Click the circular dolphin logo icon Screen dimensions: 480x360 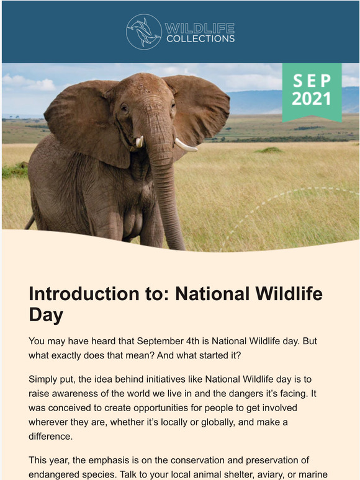(x=144, y=32)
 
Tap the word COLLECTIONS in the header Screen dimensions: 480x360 (x=200, y=38)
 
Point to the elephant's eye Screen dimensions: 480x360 (x=124, y=107)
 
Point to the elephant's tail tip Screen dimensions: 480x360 (x=27, y=224)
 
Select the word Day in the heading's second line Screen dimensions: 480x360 (x=46, y=315)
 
